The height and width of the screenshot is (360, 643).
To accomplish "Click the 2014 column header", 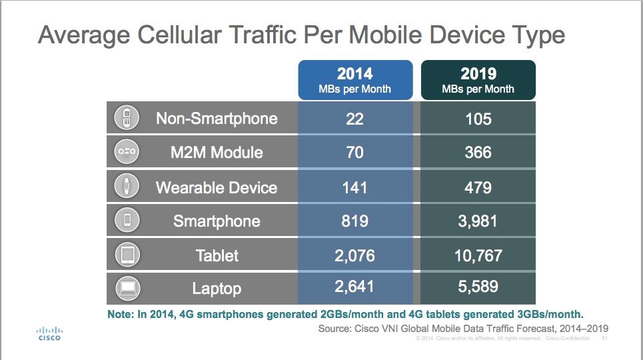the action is pos(355,80).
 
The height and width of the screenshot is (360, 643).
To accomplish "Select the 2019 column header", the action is pos(478,80).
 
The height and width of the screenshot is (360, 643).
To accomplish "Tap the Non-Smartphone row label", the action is pos(217,119).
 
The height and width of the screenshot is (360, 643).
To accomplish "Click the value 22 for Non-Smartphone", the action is pos(354,119).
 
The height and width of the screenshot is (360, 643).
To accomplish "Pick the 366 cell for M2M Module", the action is pos(478,152).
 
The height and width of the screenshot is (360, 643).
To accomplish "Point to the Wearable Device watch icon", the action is pos(127,186).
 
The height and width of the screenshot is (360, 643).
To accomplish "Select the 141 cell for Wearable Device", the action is pos(354,187).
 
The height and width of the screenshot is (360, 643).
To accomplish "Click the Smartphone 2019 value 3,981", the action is pos(478,221).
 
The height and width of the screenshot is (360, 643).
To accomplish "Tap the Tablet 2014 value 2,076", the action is pos(354,256).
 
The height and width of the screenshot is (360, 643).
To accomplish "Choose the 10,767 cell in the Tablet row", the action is pos(478,256).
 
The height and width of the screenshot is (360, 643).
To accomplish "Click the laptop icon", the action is pos(127,288).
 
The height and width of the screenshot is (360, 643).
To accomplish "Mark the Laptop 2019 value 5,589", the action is pos(478,287).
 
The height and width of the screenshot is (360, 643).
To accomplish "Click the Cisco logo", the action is pos(49,334).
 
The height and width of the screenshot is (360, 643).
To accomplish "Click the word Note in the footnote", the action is pos(121,315).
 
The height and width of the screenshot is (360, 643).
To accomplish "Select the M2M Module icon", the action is pos(127,151).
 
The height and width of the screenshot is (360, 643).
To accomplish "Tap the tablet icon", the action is pos(127,255).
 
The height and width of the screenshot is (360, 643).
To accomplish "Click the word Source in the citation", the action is pos(334,329).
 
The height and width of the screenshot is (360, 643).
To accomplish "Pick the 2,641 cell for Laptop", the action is pos(354,287).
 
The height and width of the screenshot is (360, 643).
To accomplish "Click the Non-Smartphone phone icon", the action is pos(127,118).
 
